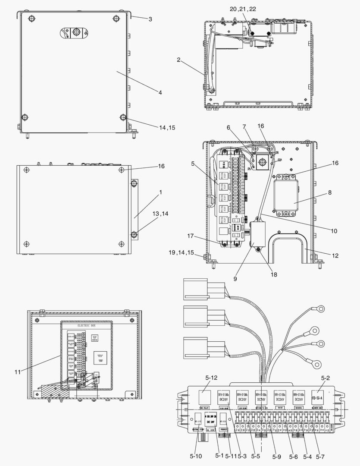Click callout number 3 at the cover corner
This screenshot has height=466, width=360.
[150, 19]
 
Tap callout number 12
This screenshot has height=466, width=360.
[335, 256]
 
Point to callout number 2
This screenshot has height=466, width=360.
[178, 60]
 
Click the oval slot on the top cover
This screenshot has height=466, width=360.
[73, 32]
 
